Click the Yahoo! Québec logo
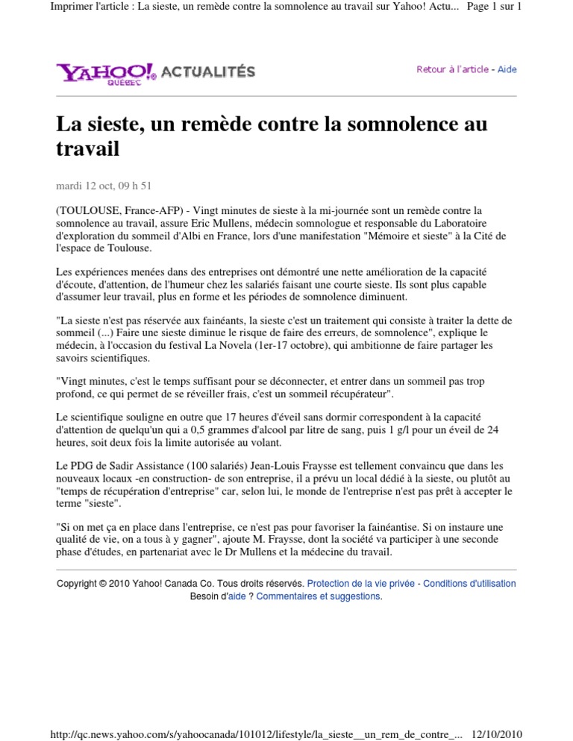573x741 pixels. [106, 72]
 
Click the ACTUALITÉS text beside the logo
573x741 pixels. [208, 72]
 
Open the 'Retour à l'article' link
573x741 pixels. [452, 69]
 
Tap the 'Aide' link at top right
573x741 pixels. [507, 69]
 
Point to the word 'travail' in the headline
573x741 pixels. [88, 149]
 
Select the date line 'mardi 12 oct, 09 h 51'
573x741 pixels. [104, 186]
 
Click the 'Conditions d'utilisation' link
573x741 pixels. [469, 584]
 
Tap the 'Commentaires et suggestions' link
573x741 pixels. [319, 596]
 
